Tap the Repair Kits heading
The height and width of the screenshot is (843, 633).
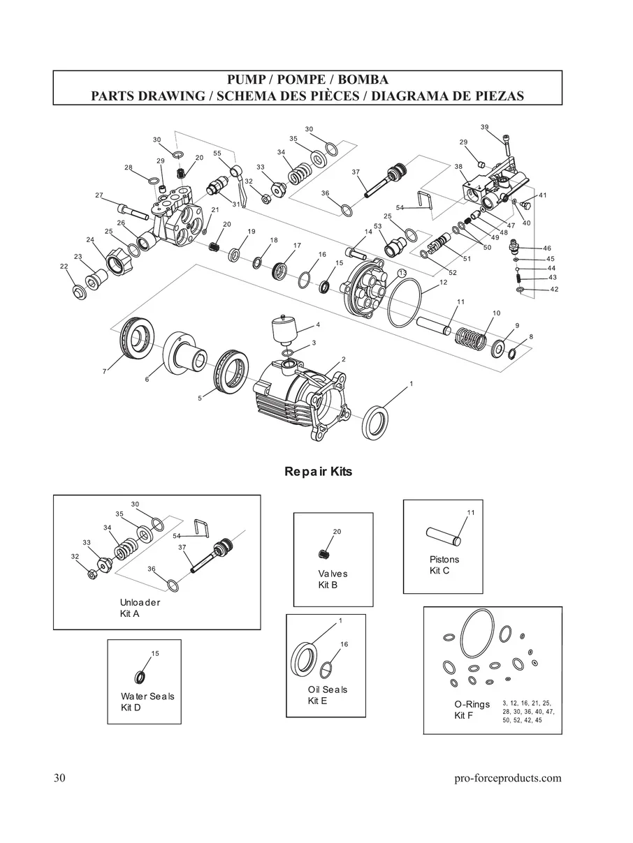[318, 472]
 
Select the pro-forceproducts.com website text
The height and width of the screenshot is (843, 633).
[507, 778]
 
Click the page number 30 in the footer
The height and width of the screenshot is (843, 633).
[59, 778]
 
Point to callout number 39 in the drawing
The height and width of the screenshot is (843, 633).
[485, 127]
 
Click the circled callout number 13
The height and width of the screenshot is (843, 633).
[402, 272]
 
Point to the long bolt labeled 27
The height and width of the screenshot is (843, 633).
[133, 208]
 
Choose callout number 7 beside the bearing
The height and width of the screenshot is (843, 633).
[104, 372]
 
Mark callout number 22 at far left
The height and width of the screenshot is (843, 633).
[64, 266]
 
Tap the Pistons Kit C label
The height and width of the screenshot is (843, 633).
[444, 565]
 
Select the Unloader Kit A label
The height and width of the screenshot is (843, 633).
[140, 608]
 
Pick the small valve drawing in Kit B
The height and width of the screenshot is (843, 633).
[323, 554]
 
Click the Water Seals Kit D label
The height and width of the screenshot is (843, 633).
[147, 702]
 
